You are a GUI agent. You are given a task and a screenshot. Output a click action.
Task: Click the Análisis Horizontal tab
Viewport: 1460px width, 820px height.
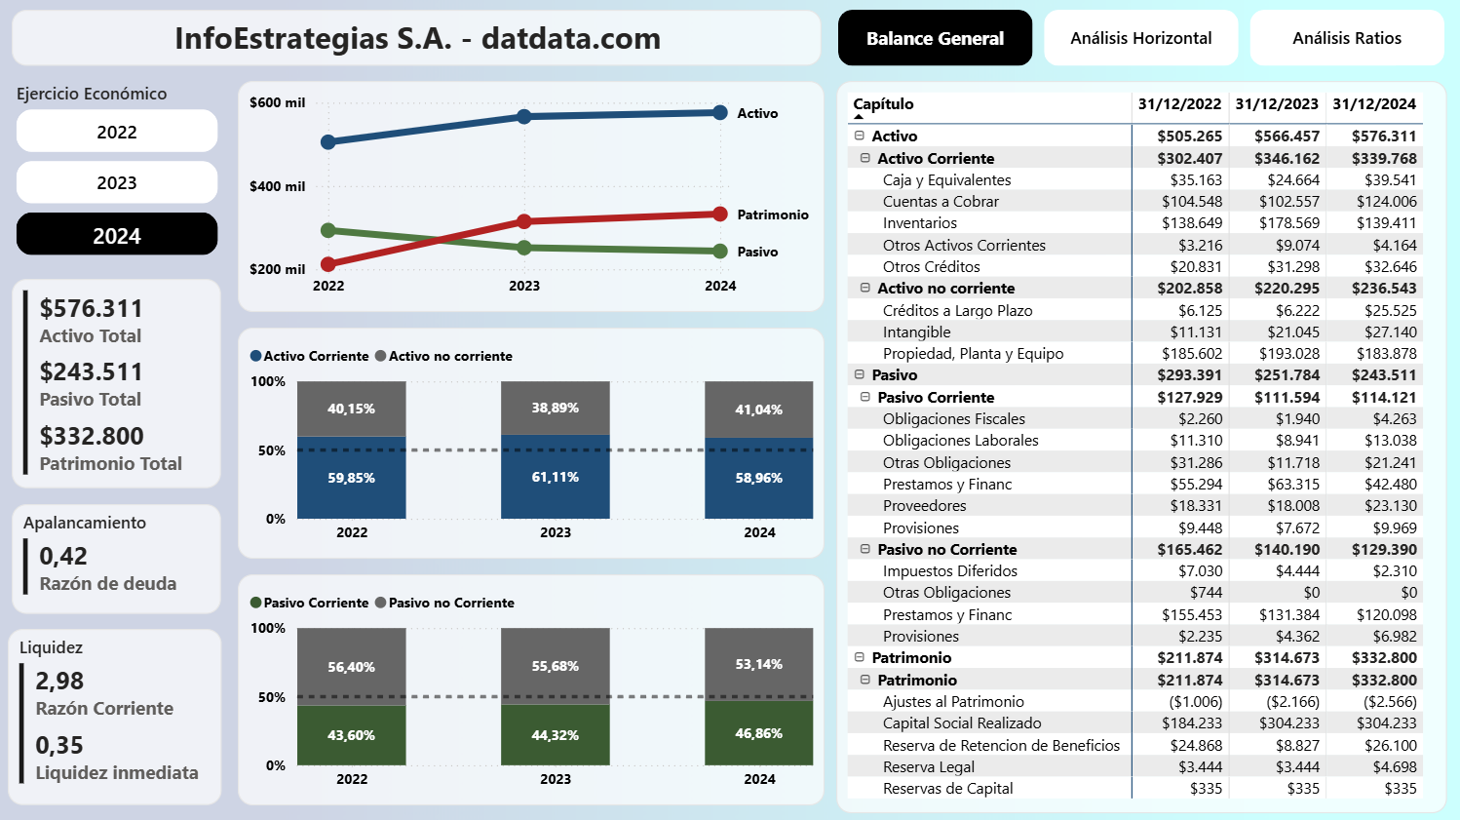coord(1140,38)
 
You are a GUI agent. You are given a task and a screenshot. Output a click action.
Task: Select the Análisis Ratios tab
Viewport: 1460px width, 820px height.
coord(1346,38)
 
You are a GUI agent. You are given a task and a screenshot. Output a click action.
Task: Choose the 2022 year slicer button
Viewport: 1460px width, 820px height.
coord(117,132)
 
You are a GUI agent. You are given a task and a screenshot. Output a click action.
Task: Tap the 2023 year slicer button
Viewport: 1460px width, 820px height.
coord(117,182)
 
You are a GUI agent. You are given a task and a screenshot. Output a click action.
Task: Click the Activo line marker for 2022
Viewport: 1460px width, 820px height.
coord(328,142)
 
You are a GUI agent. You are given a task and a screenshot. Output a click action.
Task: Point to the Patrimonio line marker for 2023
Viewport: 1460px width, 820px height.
coord(524,221)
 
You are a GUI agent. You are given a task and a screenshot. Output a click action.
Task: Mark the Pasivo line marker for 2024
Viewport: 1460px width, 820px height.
coord(720,252)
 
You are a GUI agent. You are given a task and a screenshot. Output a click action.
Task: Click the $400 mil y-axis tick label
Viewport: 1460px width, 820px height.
coord(277,186)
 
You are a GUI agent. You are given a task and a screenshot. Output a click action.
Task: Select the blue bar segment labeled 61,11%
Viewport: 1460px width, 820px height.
coord(556,477)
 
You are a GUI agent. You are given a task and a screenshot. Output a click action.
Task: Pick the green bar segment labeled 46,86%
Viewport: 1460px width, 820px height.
coord(759,733)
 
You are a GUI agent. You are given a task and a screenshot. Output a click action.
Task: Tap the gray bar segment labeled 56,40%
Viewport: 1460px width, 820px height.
coord(352,667)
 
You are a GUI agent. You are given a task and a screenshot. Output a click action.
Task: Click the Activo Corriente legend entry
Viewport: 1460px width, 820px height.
coord(310,356)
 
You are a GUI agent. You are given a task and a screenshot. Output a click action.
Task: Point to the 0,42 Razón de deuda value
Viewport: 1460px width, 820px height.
coord(63,557)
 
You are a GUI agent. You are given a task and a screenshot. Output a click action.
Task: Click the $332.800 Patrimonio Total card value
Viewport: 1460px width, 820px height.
coord(92,436)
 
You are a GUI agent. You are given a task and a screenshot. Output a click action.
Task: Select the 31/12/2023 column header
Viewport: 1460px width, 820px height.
coord(1277,104)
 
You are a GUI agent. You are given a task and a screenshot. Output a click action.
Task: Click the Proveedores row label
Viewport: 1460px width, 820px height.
coord(924,506)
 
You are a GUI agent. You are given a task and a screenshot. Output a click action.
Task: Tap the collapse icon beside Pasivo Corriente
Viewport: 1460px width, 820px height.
coord(864,397)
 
